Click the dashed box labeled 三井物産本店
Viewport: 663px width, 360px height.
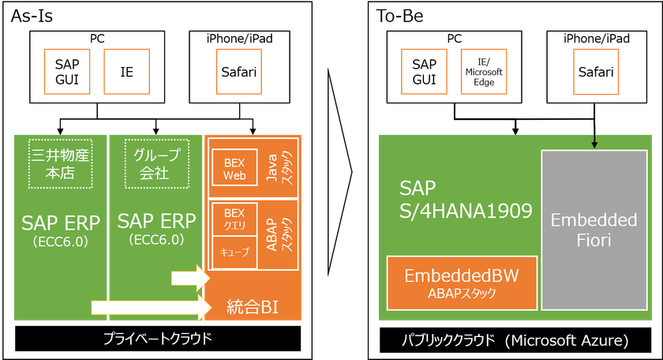pyautogui.click(x=61, y=163)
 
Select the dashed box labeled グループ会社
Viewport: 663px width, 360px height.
pyautogui.click(x=157, y=163)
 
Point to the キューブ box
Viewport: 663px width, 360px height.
pyautogui.click(x=235, y=253)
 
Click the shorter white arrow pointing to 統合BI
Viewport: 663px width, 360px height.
pyautogui.click(x=190, y=278)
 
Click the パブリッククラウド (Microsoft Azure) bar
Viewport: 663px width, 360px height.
pyautogui.click(x=515, y=340)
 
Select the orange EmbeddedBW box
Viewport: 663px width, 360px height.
pyautogui.click(x=462, y=283)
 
